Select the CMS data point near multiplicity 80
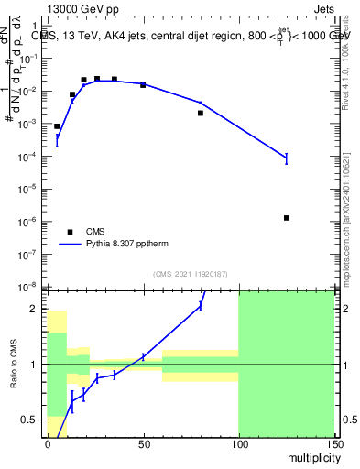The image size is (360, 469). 201,114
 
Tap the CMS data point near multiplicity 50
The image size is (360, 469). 143,84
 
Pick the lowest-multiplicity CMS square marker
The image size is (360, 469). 57,126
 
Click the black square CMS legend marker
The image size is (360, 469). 70,232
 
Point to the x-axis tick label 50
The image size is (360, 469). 143,443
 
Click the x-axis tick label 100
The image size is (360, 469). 238,443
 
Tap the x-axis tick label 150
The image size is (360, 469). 333,443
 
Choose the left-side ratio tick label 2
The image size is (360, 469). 37,309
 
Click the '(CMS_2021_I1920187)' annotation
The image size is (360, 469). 191,273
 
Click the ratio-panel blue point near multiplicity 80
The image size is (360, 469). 201,305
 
